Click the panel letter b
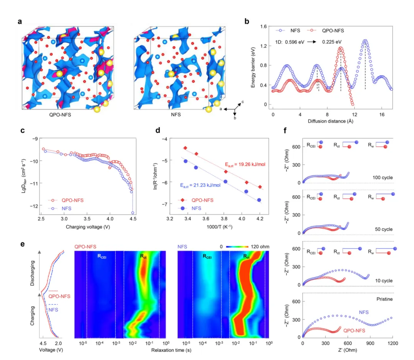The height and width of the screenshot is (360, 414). click(248, 21)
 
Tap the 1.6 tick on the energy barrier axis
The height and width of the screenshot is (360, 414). click(263, 26)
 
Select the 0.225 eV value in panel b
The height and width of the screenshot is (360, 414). click(333, 41)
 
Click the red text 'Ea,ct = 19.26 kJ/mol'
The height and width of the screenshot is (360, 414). click(245, 165)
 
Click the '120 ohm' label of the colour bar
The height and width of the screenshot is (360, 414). click(260, 247)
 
